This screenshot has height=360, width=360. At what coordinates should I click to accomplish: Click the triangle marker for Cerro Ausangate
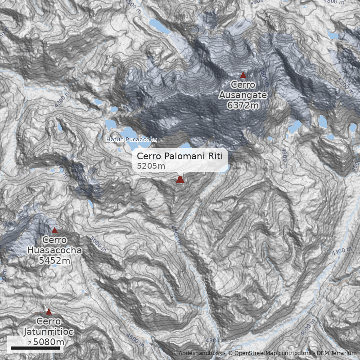coord(243,75)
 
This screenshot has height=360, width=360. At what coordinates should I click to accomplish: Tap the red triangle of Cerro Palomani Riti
coord(180,180)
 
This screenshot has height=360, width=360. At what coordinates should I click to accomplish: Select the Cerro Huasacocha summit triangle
coord(54,230)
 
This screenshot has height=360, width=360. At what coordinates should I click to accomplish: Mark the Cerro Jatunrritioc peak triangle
coord(49,312)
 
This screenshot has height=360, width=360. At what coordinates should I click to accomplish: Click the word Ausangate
coord(243,95)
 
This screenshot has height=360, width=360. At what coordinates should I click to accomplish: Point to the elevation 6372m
coord(243,105)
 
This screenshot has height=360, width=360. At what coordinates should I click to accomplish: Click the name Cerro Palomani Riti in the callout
coord(180,156)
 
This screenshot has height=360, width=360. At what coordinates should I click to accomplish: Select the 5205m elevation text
coord(151,166)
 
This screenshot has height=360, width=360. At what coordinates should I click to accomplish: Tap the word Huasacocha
coord(54,251)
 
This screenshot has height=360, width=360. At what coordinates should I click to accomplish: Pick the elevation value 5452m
coord(54,261)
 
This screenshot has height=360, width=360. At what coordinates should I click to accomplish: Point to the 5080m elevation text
coord(49,342)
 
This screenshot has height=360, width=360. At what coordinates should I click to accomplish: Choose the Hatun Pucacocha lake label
coord(131,139)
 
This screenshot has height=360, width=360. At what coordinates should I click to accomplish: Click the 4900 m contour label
coord(284,158)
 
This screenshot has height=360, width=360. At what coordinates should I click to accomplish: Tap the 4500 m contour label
coord(175,235)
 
